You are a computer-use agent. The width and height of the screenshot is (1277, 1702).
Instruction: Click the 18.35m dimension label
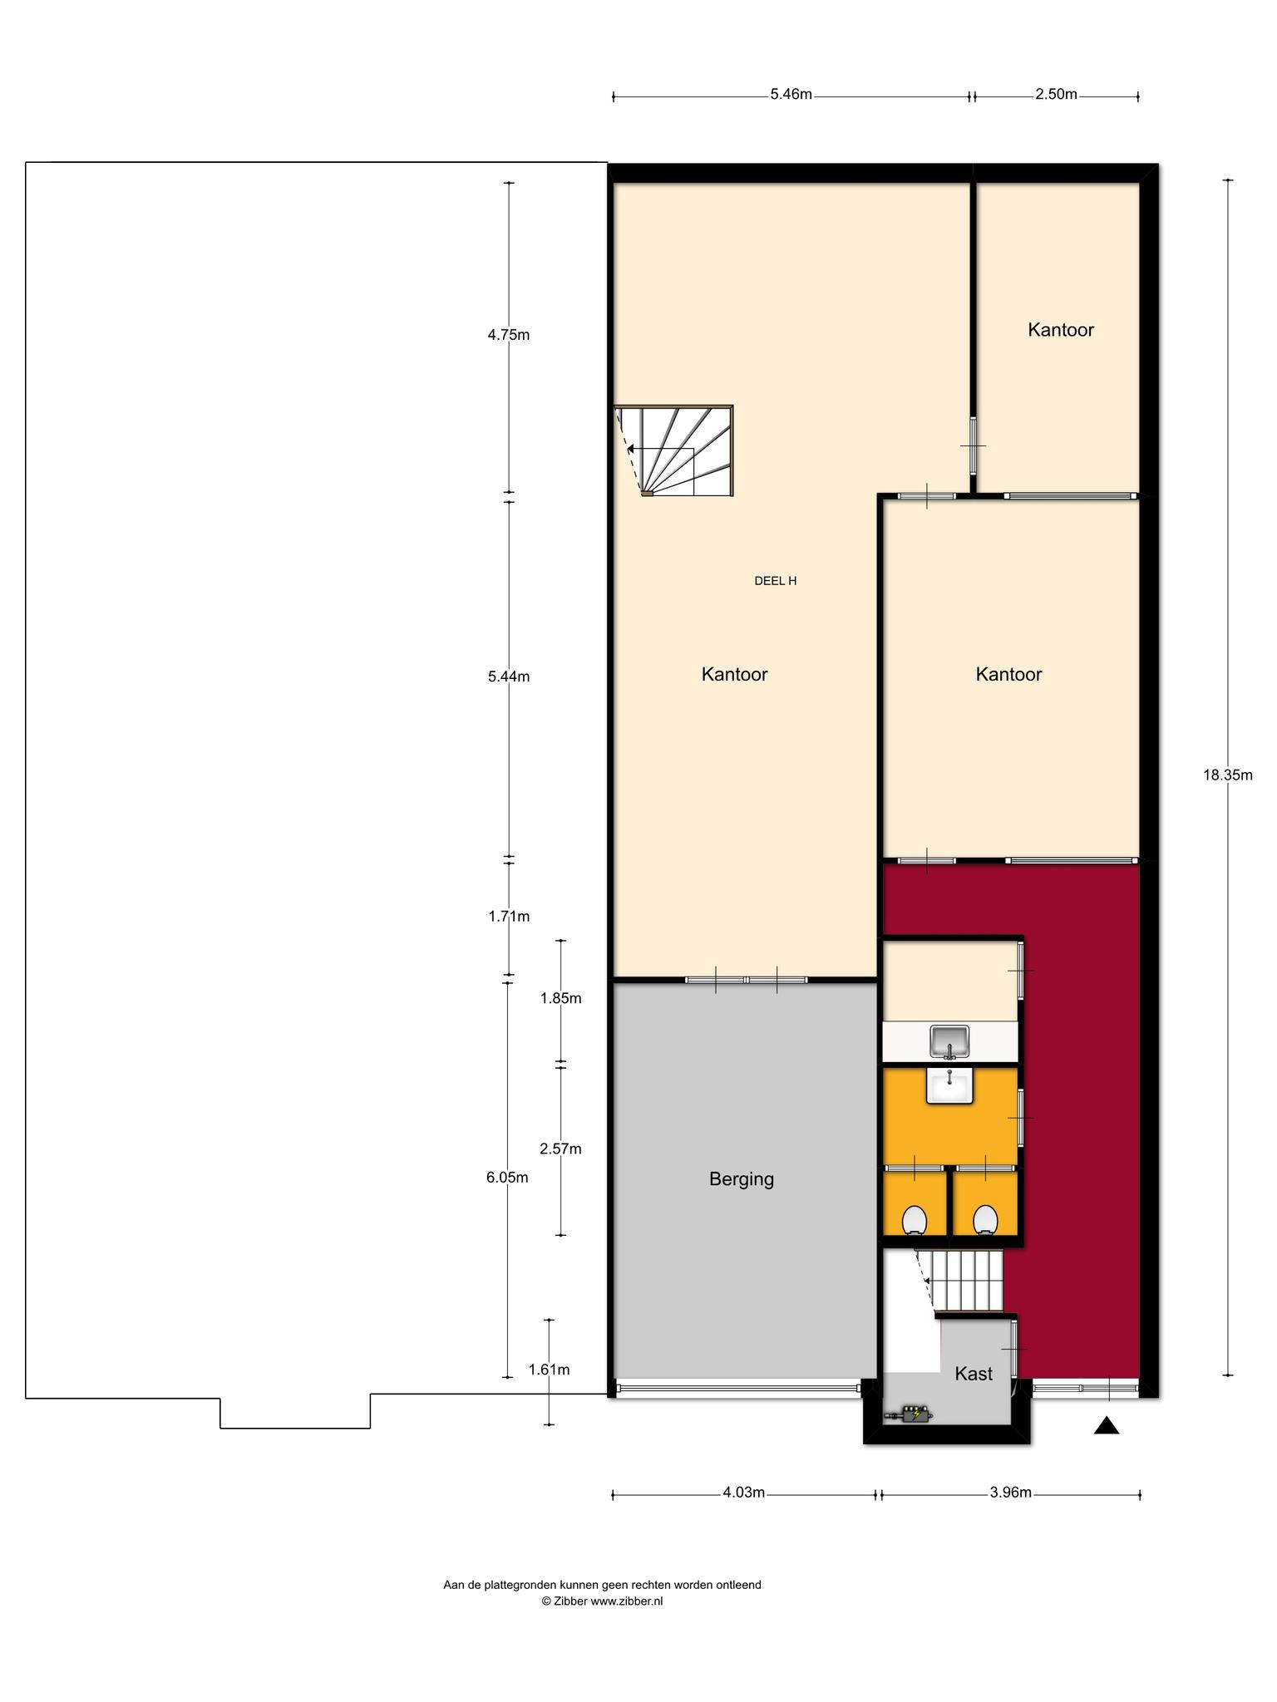pos(1227,775)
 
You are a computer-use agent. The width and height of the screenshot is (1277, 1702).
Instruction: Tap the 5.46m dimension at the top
pos(791,95)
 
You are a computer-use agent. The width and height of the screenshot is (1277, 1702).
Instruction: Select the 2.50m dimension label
pos(1056,95)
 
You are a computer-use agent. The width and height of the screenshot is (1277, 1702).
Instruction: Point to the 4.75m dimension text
pos(509,336)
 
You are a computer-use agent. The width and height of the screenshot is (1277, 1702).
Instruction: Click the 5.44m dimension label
pos(509,677)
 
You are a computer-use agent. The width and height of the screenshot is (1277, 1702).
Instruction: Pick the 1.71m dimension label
pos(509,917)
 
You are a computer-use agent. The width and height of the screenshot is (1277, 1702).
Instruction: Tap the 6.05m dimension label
pos(507,1178)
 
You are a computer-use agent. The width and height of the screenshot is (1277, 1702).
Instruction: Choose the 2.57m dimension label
pos(560,1149)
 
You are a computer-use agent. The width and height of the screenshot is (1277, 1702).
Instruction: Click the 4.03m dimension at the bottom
pos(743,1493)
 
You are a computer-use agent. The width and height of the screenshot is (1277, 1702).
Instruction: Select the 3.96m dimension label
pos(1010,1493)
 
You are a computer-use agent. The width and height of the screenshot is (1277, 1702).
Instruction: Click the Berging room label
pos(742,1179)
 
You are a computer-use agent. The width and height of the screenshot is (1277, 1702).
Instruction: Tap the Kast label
pos(974,1374)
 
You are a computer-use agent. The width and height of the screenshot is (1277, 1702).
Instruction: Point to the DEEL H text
pos(775,582)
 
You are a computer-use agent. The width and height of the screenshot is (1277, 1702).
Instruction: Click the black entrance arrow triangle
pos(1107,1426)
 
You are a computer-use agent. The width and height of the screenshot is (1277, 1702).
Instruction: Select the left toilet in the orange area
pos(915,1221)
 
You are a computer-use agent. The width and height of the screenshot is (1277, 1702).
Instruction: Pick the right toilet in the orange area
pos(985,1221)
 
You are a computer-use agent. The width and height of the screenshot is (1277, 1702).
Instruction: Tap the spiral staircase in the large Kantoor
pos(674,450)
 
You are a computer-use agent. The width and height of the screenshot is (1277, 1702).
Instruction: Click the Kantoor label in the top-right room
pos(1061,330)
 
